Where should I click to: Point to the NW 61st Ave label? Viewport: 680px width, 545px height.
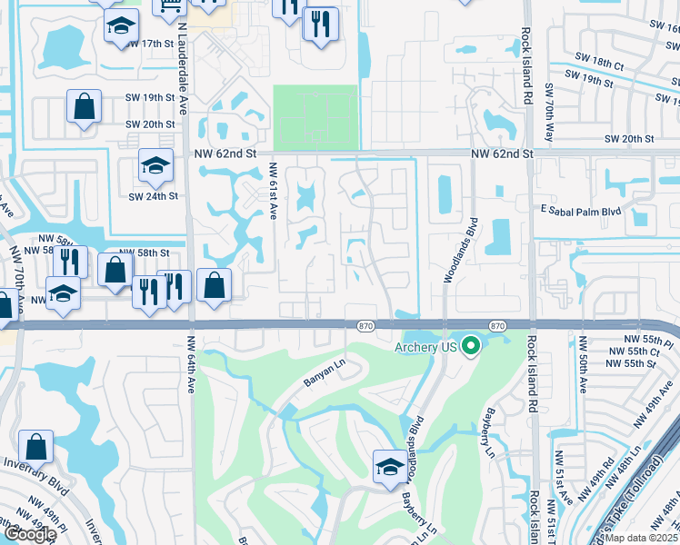(272, 191)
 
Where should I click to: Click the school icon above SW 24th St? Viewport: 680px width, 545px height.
(155, 166)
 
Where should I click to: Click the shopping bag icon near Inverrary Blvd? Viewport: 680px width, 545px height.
(35, 447)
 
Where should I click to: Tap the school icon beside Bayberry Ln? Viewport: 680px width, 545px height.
(389, 467)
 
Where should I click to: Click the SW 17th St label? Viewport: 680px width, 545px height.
(150, 44)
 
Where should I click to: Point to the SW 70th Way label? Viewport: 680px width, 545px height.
(548, 112)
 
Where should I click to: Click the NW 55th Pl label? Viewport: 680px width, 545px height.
(630, 338)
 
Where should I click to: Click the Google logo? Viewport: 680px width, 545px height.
(29, 534)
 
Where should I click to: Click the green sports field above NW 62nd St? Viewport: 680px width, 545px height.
(315, 117)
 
